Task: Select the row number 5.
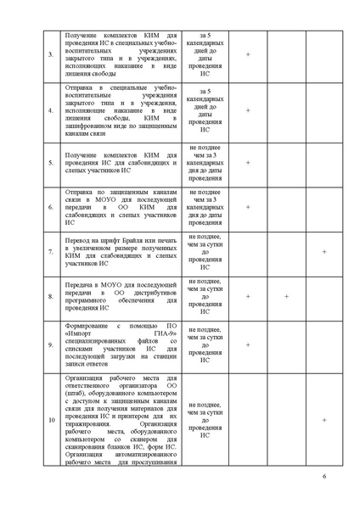pos(50,162)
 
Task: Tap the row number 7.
pos(50,252)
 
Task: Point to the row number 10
pos(50,420)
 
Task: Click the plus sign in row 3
pos(248,54)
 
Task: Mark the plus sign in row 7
pos(324,252)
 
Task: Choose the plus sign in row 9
pos(248,345)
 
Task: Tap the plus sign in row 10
pos(324,420)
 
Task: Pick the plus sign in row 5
pos(248,162)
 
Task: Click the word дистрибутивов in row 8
pos(153,294)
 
